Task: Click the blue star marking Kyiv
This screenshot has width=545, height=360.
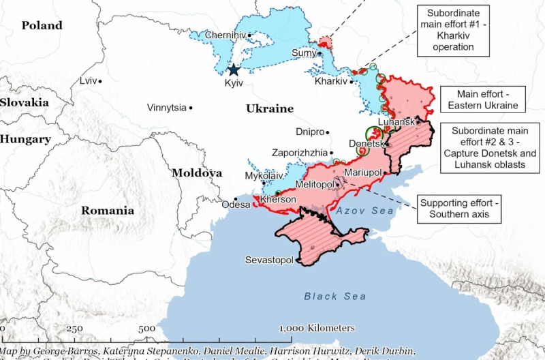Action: coord(234,70)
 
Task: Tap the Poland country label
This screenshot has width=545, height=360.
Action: coord(42,25)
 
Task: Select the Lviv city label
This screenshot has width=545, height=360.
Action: coord(89,81)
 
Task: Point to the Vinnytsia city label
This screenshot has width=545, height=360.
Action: coord(166,108)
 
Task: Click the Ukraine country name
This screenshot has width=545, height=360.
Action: coord(269,108)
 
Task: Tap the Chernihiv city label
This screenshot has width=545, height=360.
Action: coord(224,35)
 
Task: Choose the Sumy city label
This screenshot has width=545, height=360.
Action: coord(303,52)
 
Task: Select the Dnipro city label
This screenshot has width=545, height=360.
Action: coord(310,132)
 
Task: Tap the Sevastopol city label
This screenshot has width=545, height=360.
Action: coord(269,260)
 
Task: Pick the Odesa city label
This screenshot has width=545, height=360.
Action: coord(236,204)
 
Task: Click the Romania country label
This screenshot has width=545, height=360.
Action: coord(108,210)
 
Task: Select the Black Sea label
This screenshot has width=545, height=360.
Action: coord(334,296)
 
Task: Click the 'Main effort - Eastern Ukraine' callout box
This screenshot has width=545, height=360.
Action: coord(482,100)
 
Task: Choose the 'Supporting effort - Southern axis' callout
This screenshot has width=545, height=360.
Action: coord(458,209)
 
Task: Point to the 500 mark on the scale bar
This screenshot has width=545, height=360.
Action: coord(146,329)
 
